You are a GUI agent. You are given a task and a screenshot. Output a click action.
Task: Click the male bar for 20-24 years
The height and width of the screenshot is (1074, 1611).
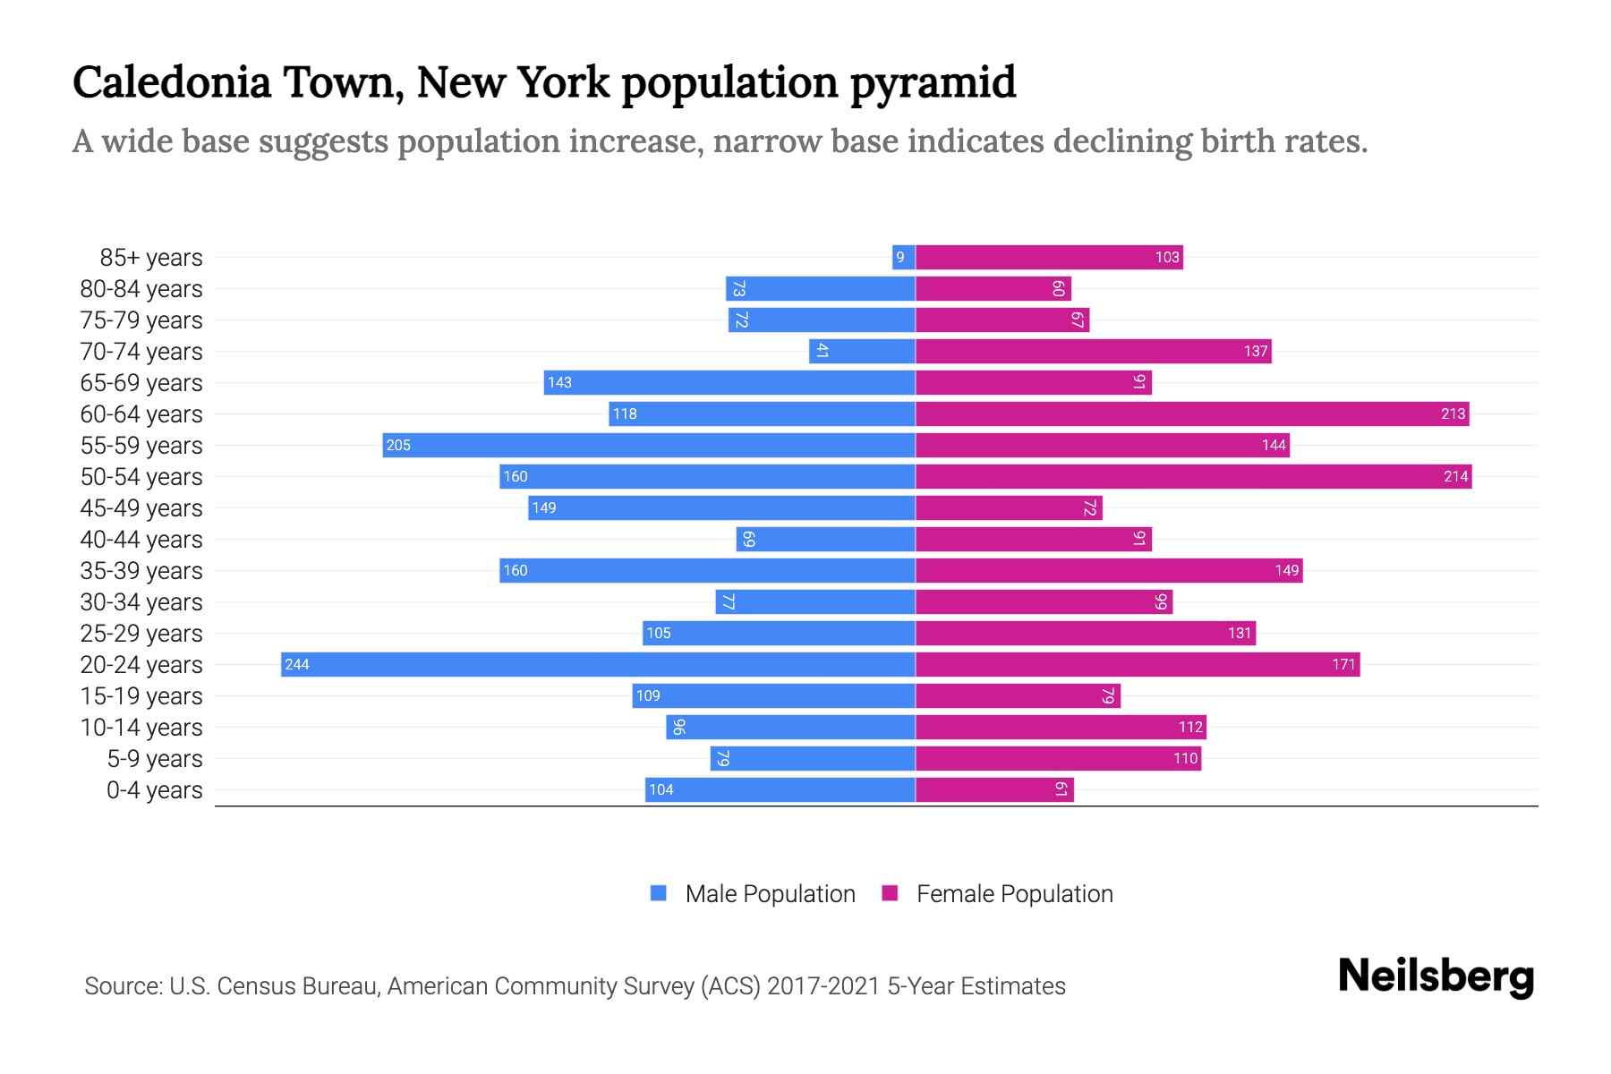pyautogui.click(x=598, y=664)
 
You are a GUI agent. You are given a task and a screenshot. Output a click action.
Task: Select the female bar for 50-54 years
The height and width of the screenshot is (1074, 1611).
pyautogui.click(x=1193, y=476)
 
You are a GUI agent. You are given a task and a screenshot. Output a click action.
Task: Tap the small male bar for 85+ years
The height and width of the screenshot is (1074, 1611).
pyautogui.click(x=903, y=257)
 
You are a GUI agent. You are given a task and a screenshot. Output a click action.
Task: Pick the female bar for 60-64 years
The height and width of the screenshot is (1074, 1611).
pyautogui.click(x=1191, y=413)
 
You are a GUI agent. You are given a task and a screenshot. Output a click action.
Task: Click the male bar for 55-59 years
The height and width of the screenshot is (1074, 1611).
pyautogui.click(x=649, y=445)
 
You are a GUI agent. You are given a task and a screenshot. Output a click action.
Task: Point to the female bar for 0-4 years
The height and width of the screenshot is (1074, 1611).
pyautogui.click(x=993, y=789)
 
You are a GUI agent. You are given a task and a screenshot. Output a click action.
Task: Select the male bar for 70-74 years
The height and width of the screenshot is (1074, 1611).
pyautogui.click(x=862, y=351)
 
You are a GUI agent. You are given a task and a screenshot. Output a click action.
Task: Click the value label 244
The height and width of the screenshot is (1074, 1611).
pyautogui.click(x=297, y=664)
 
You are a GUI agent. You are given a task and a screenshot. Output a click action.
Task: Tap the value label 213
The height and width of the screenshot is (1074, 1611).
pyautogui.click(x=1453, y=413)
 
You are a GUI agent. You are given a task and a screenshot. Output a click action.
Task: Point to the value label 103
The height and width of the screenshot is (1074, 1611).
pyautogui.click(x=1167, y=257)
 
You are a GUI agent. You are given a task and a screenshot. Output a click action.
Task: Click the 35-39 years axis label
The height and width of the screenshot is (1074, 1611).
pyautogui.click(x=141, y=570)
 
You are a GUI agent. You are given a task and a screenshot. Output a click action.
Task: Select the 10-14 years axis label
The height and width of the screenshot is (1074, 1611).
pyautogui.click(x=141, y=727)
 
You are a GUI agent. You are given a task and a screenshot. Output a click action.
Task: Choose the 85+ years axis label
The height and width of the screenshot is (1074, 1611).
pyautogui.click(x=151, y=257)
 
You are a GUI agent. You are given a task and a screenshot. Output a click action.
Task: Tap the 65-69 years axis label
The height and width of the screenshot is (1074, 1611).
pyautogui.click(x=141, y=382)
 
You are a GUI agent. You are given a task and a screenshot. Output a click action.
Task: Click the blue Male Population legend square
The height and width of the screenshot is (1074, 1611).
pyautogui.click(x=659, y=893)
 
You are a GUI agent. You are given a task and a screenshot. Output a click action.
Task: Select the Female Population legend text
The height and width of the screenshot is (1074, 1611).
pyautogui.click(x=1014, y=893)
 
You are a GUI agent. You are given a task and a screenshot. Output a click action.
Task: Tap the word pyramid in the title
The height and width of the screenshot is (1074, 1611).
pyautogui.click(x=933, y=82)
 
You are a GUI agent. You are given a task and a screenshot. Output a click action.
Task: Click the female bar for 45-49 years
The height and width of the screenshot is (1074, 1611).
pyautogui.click(x=1009, y=507)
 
